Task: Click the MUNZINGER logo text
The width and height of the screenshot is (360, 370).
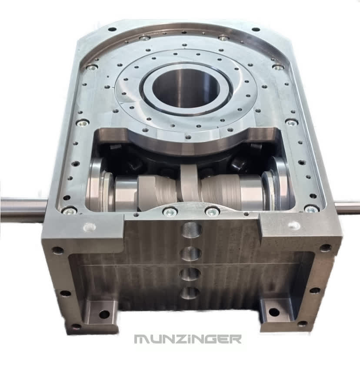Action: (188, 339)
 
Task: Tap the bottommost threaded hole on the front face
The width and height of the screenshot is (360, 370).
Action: (190, 293)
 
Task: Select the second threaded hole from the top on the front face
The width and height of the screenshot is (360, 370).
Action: (191, 254)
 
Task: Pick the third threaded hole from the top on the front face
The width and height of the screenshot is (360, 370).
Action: (190, 274)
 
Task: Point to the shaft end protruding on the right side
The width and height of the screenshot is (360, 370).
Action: (347, 207)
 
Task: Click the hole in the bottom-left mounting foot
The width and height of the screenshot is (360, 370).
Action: (104, 314)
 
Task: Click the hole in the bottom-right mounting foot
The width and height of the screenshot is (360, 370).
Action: (274, 313)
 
